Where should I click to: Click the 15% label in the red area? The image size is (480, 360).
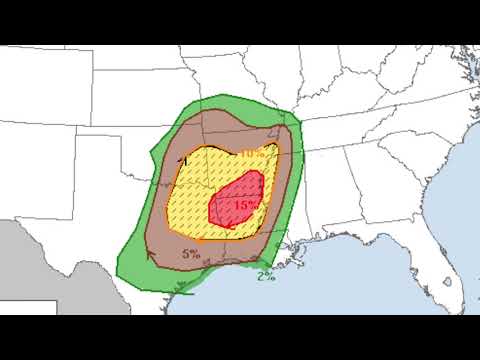coord(245,204)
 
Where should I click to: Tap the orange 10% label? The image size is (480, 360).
coord(253,153)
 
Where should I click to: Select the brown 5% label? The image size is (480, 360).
coord(191,254)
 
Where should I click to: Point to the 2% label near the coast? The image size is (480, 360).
coord(266,275)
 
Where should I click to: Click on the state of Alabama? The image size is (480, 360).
coord(340,200)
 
